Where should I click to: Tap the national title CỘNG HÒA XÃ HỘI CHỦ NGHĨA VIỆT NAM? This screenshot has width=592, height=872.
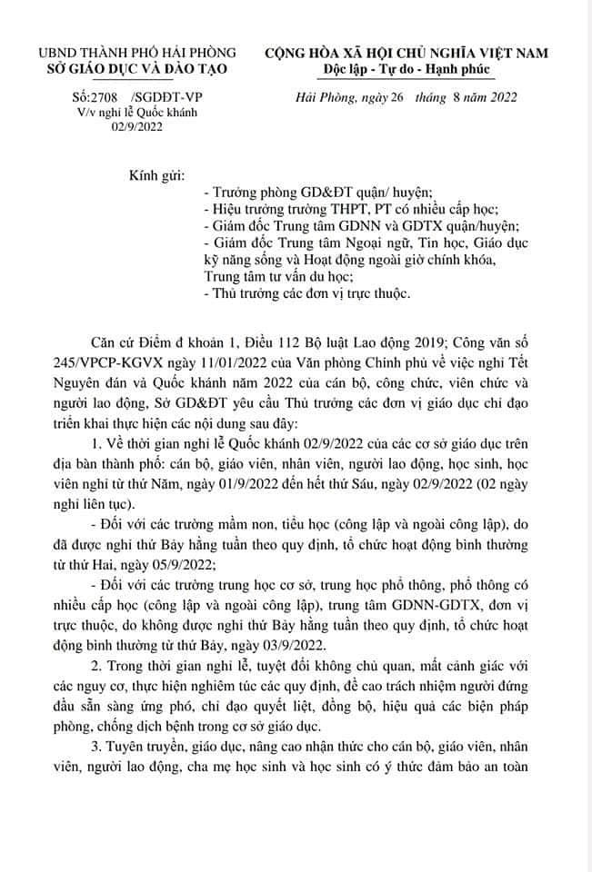406,53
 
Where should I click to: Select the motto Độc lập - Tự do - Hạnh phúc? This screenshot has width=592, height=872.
406,69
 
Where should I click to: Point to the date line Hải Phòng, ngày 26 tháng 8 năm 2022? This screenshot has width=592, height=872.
406,98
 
